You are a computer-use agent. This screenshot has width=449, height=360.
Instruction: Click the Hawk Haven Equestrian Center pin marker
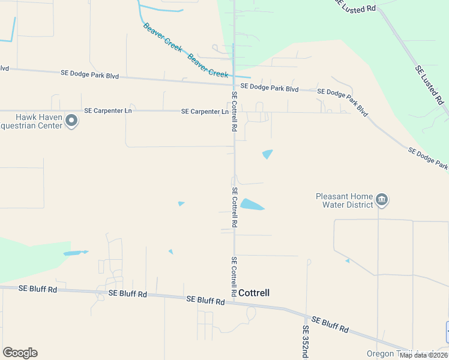coord(71,121)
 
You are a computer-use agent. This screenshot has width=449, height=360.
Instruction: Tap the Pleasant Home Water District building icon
coord(382,200)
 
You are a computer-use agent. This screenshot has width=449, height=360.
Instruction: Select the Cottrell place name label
coord(254,293)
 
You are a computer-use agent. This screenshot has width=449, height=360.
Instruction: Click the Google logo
coord(20,353)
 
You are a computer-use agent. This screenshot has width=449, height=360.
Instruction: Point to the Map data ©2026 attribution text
coord(424,355)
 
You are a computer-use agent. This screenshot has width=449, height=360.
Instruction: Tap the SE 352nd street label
coord(305,339)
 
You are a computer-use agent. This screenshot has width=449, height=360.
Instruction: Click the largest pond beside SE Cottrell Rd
coord(252,205)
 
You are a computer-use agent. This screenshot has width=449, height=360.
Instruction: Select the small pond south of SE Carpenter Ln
coord(267,154)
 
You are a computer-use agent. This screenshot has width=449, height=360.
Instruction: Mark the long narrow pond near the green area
coord(75,253)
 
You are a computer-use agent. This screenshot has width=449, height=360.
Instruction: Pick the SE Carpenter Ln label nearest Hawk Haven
coord(107,111)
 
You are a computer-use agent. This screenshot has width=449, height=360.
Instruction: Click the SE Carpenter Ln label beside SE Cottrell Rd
coord(204,112)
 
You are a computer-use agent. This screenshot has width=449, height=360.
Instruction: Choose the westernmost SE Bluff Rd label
coord(38,289)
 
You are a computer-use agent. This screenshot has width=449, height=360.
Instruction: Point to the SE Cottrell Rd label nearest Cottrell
coord(234,277)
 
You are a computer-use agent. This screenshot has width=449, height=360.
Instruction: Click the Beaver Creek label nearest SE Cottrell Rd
coord(208,66)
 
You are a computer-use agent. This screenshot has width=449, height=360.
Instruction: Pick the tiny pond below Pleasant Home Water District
coord(347,261)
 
